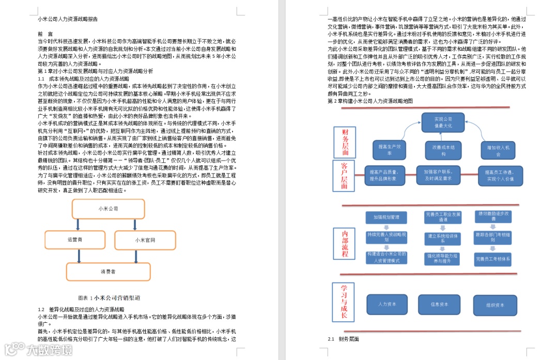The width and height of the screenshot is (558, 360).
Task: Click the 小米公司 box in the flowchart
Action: [x=109, y=209]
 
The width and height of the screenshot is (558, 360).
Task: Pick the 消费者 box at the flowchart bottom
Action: [x=109, y=271]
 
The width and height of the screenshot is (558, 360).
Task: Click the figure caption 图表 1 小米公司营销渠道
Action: [x=109, y=298]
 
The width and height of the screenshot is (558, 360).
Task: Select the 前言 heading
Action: [x=46, y=33]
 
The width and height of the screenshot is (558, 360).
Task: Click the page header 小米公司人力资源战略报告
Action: [x=68, y=19]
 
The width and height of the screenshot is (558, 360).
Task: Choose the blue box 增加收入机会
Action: [x=498, y=150]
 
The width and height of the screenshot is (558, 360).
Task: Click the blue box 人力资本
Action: [x=387, y=304]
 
